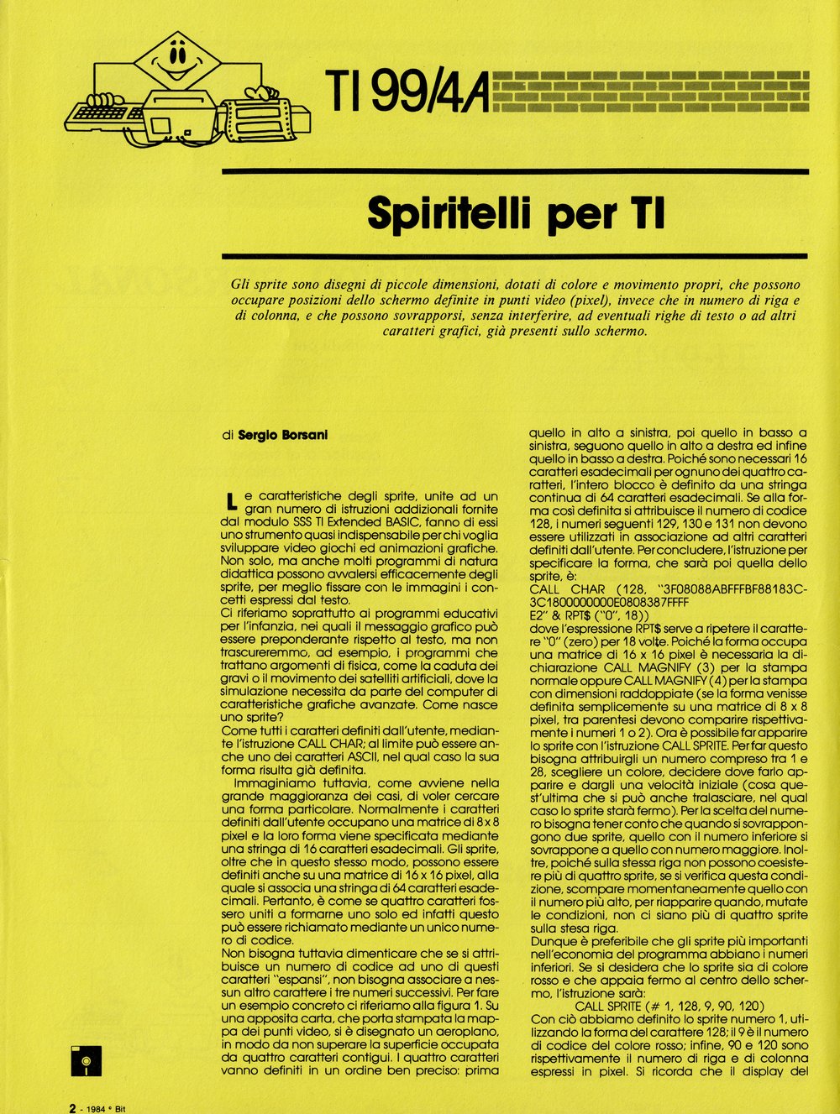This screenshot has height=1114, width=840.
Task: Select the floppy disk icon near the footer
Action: pyautogui.click(x=86, y=1059)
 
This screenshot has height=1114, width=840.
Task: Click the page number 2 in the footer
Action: pyautogui.click(x=73, y=1107)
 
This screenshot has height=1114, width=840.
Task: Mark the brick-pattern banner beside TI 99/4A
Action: pyautogui.click(x=650, y=92)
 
